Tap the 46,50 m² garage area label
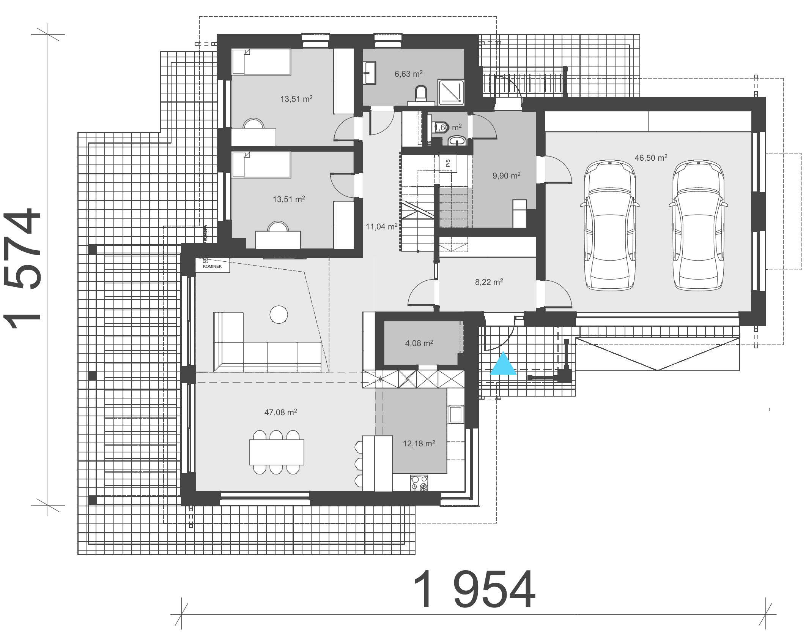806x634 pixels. point(651,158)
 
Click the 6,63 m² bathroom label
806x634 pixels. point(408,74)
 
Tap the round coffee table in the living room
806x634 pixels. point(279,315)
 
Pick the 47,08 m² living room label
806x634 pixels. point(280,412)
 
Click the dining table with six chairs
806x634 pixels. point(277,452)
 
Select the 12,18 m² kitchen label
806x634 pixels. point(419,443)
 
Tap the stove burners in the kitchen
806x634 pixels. point(419,484)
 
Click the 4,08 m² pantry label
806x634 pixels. point(419,343)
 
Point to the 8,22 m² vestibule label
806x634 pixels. point(489,282)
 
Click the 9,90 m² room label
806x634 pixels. point(506,175)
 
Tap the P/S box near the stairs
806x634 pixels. point(448,163)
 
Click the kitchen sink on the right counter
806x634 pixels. point(455,414)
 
